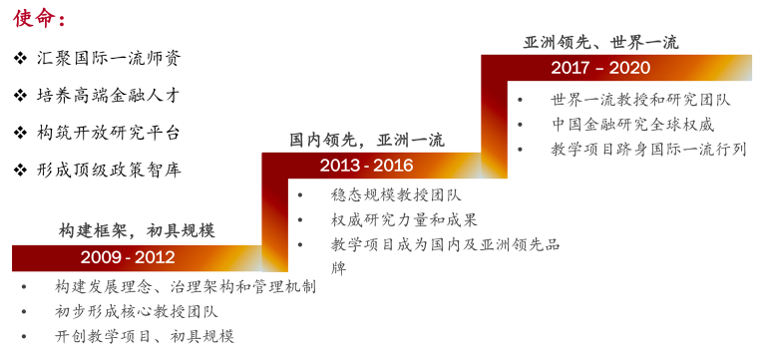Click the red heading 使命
[x=34, y=18]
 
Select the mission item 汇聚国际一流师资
[x=109, y=58]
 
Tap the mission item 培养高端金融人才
[x=109, y=95]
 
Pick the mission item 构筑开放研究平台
[x=109, y=132]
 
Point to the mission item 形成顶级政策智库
[x=109, y=170]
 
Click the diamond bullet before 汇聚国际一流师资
[x=20, y=59]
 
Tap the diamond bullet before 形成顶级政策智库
[x=20, y=171]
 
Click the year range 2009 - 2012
[x=128, y=257]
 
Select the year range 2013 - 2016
[x=366, y=166]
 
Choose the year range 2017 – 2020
[x=600, y=68]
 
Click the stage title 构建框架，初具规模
[x=137, y=230]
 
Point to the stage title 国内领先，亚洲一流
[x=366, y=140]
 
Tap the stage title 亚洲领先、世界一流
[x=600, y=43]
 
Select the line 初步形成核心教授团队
[x=137, y=311]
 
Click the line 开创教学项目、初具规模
[x=145, y=336]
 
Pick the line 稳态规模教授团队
[x=396, y=195]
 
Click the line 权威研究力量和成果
[x=404, y=219]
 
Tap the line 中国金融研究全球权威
[x=633, y=125]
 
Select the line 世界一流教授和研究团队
[x=640, y=100]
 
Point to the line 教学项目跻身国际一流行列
[x=648, y=150]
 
